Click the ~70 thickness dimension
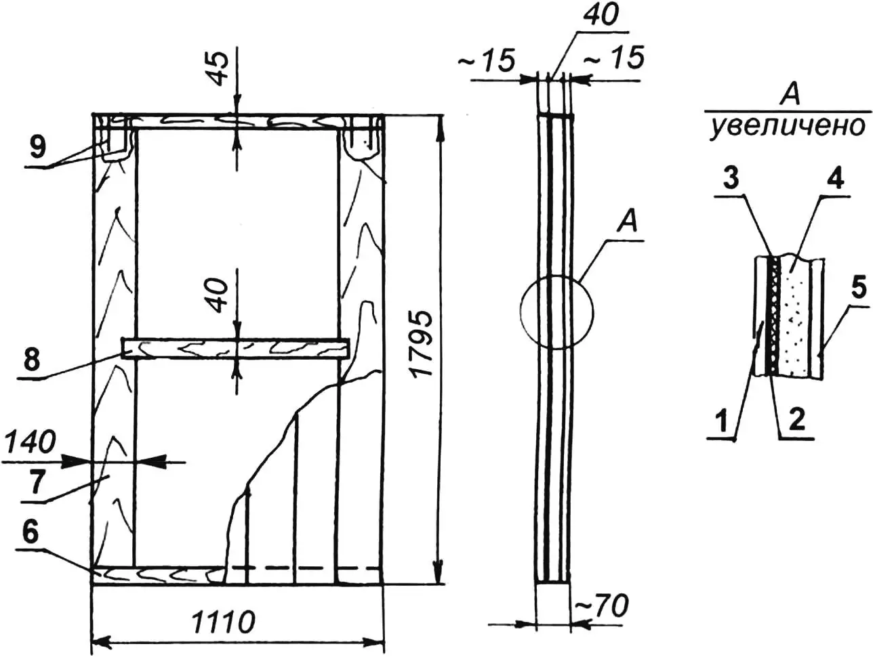pyautogui.click(x=601, y=607)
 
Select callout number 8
pyautogui.click(x=33, y=359)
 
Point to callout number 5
pyautogui.click(x=857, y=289)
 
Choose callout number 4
pyautogui.click(x=836, y=180)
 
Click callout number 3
pyautogui.click(x=730, y=180)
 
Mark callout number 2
pyautogui.click(x=796, y=421)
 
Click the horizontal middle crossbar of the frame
pyautogui.click(x=235, y=348)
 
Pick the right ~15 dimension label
pyautogui.click(x=613, y=59)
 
